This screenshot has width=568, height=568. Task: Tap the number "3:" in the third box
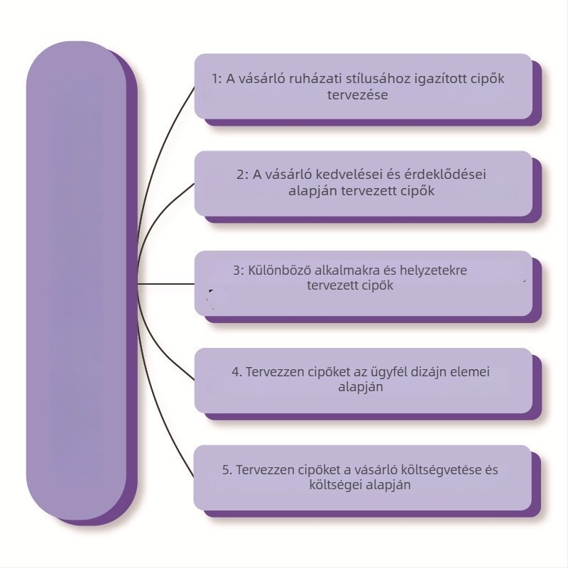coord(239,271)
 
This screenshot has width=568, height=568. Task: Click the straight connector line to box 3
coord(167,284)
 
